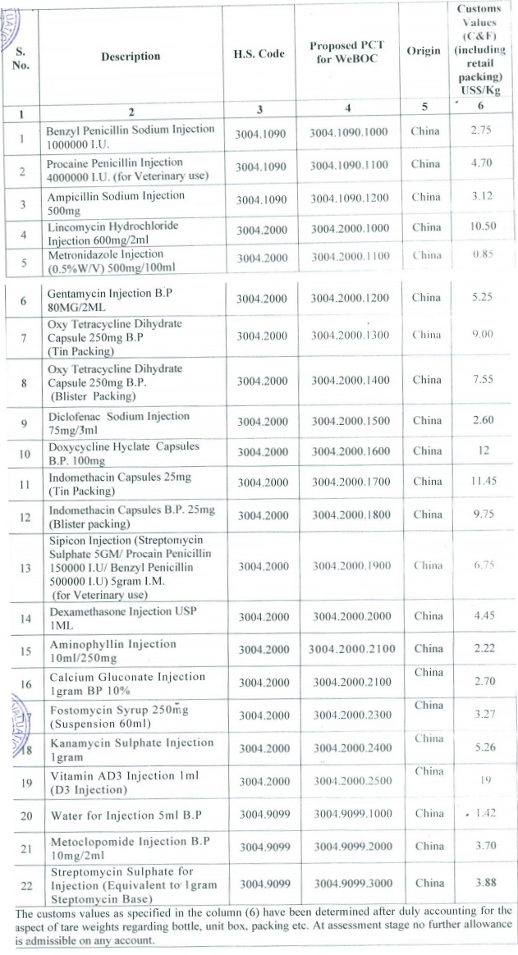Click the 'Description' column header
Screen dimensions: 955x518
click(131, 56)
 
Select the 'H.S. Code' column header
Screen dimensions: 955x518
click(259, 54)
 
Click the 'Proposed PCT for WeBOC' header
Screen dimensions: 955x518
click(346, 52)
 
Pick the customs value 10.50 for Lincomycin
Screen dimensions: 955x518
click(481, 227)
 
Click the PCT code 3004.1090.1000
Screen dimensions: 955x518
click(349, 133)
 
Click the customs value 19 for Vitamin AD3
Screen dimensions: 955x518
click(482, 782)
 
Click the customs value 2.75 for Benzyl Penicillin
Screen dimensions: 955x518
click(481, 131)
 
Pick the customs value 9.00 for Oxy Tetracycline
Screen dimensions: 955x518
click(482, 335)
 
